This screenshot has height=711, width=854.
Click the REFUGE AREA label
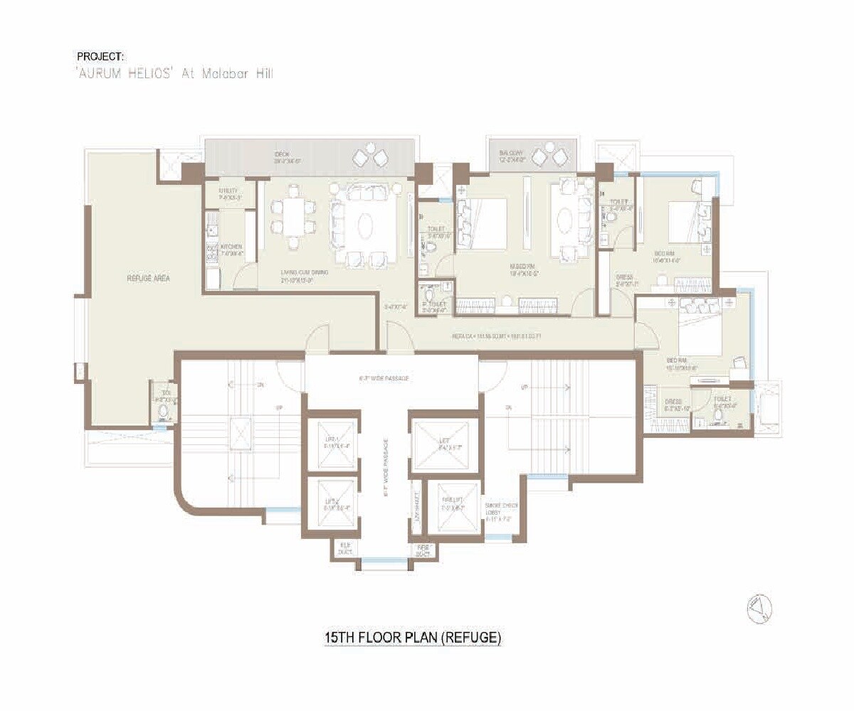point(148,279)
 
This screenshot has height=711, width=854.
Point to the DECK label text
point(282,155)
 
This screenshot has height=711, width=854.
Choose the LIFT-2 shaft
point(330,504)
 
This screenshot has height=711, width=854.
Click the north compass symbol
point(759,609)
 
